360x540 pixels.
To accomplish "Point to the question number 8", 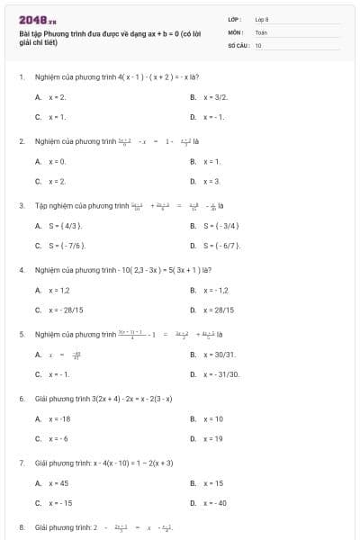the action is click(22, 526).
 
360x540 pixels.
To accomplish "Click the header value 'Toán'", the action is click(261, 31).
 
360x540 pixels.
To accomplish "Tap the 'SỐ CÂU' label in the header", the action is click(237, 44).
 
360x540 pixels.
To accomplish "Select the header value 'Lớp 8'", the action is click(262, 19).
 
